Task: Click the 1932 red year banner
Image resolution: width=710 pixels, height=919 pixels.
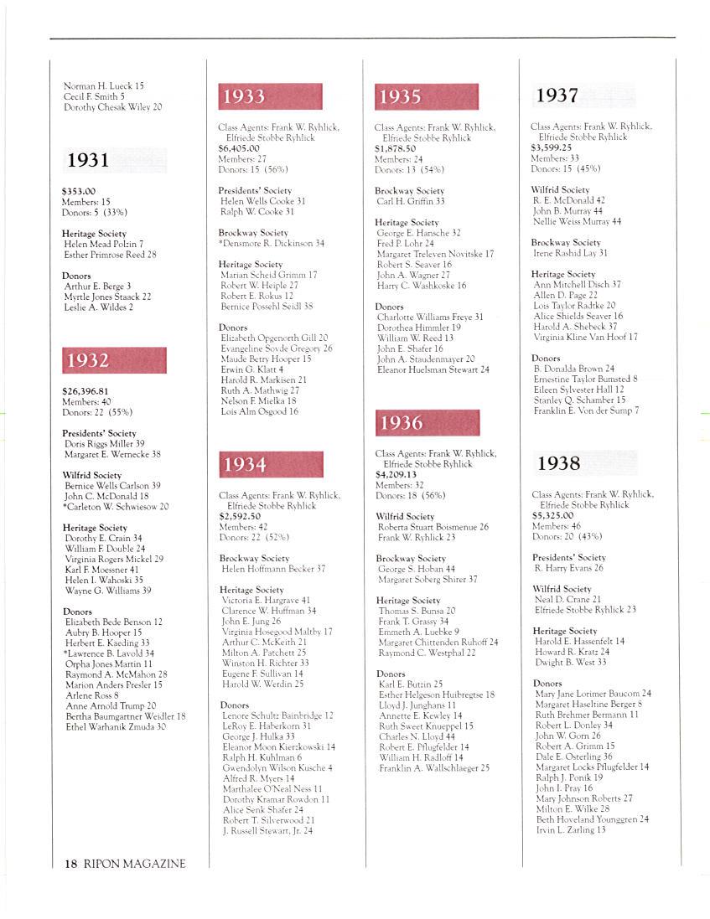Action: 114,360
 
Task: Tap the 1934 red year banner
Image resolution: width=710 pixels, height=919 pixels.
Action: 271,464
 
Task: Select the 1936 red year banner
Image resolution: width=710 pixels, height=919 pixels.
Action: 428,423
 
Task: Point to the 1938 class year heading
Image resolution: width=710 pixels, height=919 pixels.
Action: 558,463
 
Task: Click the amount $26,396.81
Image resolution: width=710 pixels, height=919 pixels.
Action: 86,391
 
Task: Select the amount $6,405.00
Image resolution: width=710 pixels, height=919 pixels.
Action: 239,148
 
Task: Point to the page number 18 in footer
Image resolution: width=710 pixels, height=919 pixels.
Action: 70,864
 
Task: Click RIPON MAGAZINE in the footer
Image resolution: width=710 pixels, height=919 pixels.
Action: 134,864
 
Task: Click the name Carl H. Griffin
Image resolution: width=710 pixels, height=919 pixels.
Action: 411,202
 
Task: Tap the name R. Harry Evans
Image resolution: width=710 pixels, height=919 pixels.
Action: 568,568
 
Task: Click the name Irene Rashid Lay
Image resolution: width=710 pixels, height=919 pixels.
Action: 570,253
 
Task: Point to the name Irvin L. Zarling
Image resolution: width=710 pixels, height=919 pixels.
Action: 570,829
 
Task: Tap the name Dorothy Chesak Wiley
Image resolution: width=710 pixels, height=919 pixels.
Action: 113,107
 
